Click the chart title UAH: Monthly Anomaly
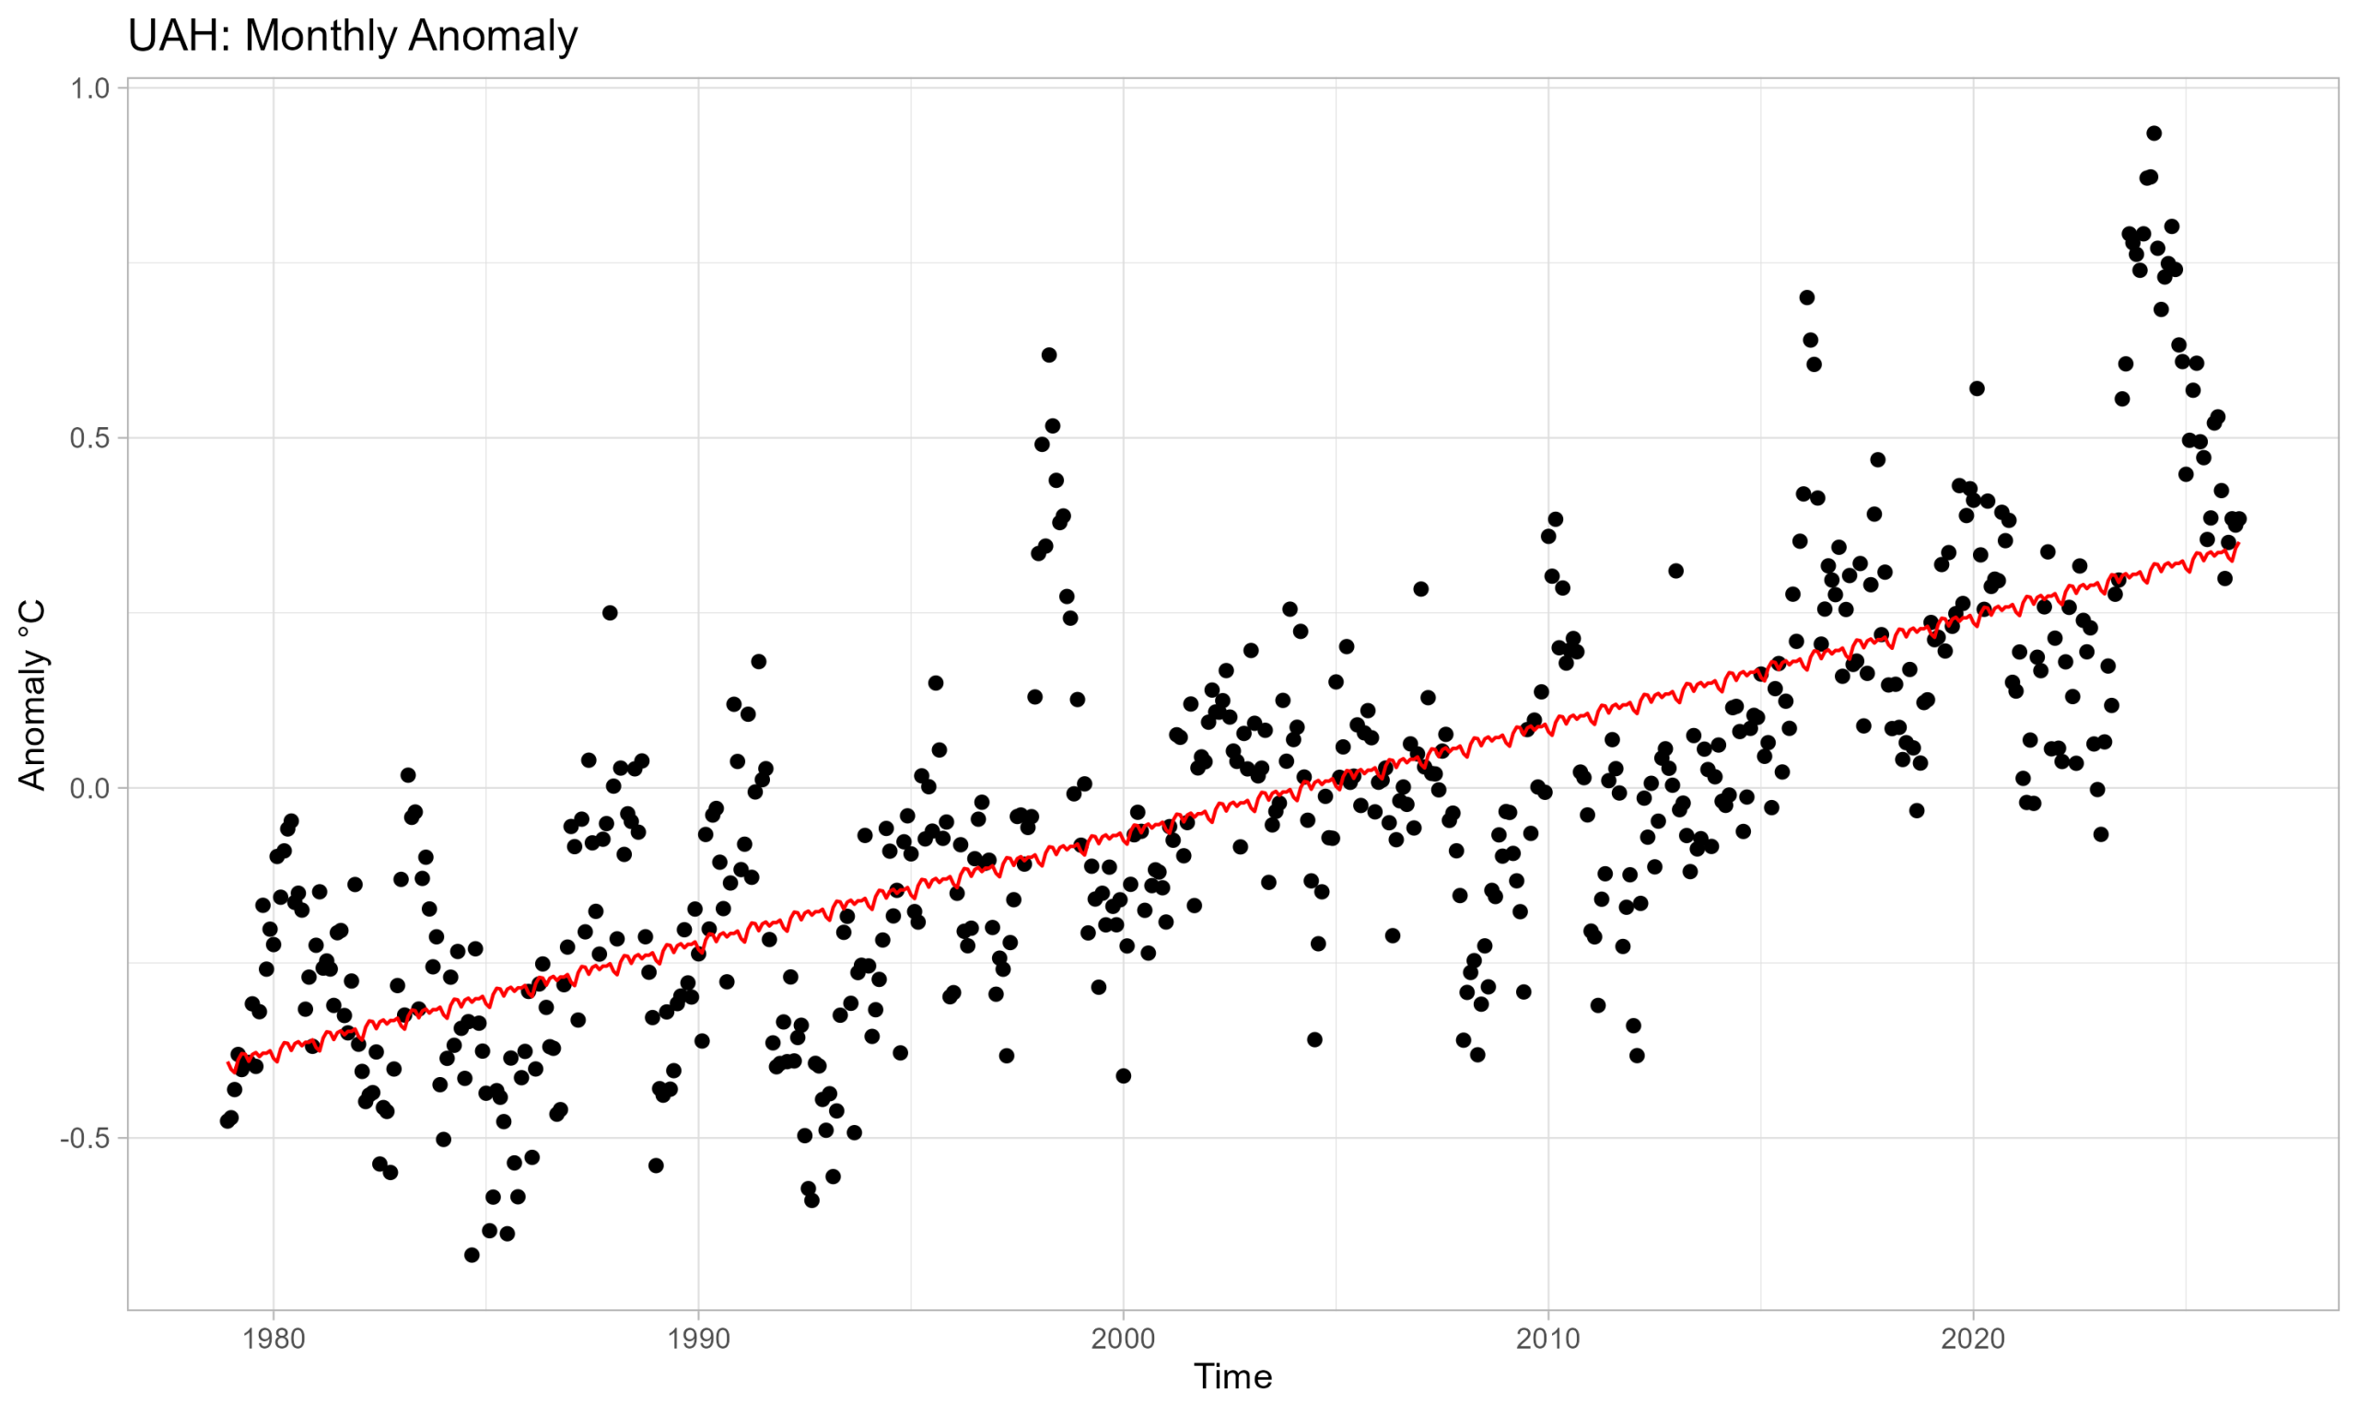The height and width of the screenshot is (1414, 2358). [353, 36]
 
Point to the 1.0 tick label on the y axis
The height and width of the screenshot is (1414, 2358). [90, 88]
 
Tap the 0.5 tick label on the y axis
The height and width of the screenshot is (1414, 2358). [90, 438]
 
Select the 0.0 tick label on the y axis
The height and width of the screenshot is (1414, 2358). [90, 788]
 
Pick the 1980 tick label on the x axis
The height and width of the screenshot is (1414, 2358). [274, 1339]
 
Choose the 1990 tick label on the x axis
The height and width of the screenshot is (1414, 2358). [698, 1339]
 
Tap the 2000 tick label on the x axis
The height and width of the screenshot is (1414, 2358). [1123, 1339]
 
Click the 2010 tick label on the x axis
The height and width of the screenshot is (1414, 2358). [1547, 1339]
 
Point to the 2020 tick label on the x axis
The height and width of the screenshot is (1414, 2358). [1973, 1339]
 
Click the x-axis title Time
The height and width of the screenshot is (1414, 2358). [1232, 1377]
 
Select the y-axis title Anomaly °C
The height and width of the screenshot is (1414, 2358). [32, 695]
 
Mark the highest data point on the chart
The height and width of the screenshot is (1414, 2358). [2154, 133]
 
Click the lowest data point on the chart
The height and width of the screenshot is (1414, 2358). [472, 1255]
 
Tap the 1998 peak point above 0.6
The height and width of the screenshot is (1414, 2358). [1048, 355]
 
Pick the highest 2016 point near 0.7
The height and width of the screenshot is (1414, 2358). [1806, 297]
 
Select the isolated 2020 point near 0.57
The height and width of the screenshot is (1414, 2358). [1977, 388]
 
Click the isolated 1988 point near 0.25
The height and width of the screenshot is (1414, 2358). [610, 613]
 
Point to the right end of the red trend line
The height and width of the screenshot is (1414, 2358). [2239, 543]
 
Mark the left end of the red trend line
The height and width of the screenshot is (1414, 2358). [227, 1061]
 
